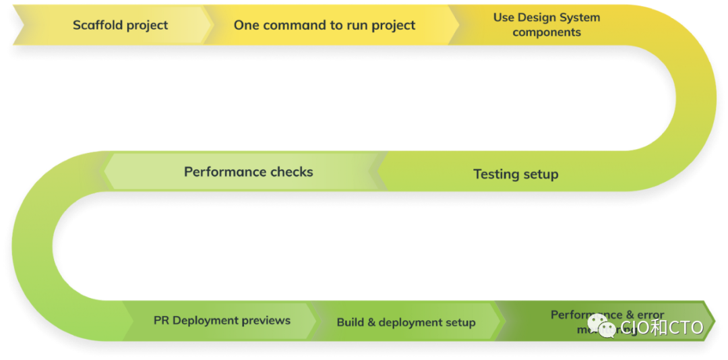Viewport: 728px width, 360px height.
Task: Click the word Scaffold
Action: point(96,26)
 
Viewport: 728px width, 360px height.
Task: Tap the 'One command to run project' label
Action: point(324,25)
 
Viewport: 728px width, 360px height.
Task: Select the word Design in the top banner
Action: point(543,18)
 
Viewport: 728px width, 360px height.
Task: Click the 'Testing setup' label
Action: point(516,174)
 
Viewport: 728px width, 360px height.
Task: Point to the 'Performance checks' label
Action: point(248,172)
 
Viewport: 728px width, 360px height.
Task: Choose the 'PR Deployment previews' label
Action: point(222,320)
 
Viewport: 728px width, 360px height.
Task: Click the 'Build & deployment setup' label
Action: point(406,322)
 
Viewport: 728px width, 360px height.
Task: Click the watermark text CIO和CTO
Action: point(662,328)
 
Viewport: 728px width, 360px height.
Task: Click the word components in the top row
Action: point(547,32)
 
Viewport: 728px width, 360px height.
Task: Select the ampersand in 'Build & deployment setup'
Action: point(371,322)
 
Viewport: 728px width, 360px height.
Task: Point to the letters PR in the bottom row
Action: point(161,320)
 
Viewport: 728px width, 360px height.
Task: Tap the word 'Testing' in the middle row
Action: point(495,174)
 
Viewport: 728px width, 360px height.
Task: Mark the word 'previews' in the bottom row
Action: point(266,320)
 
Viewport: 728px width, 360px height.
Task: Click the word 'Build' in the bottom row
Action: point(350,322)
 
